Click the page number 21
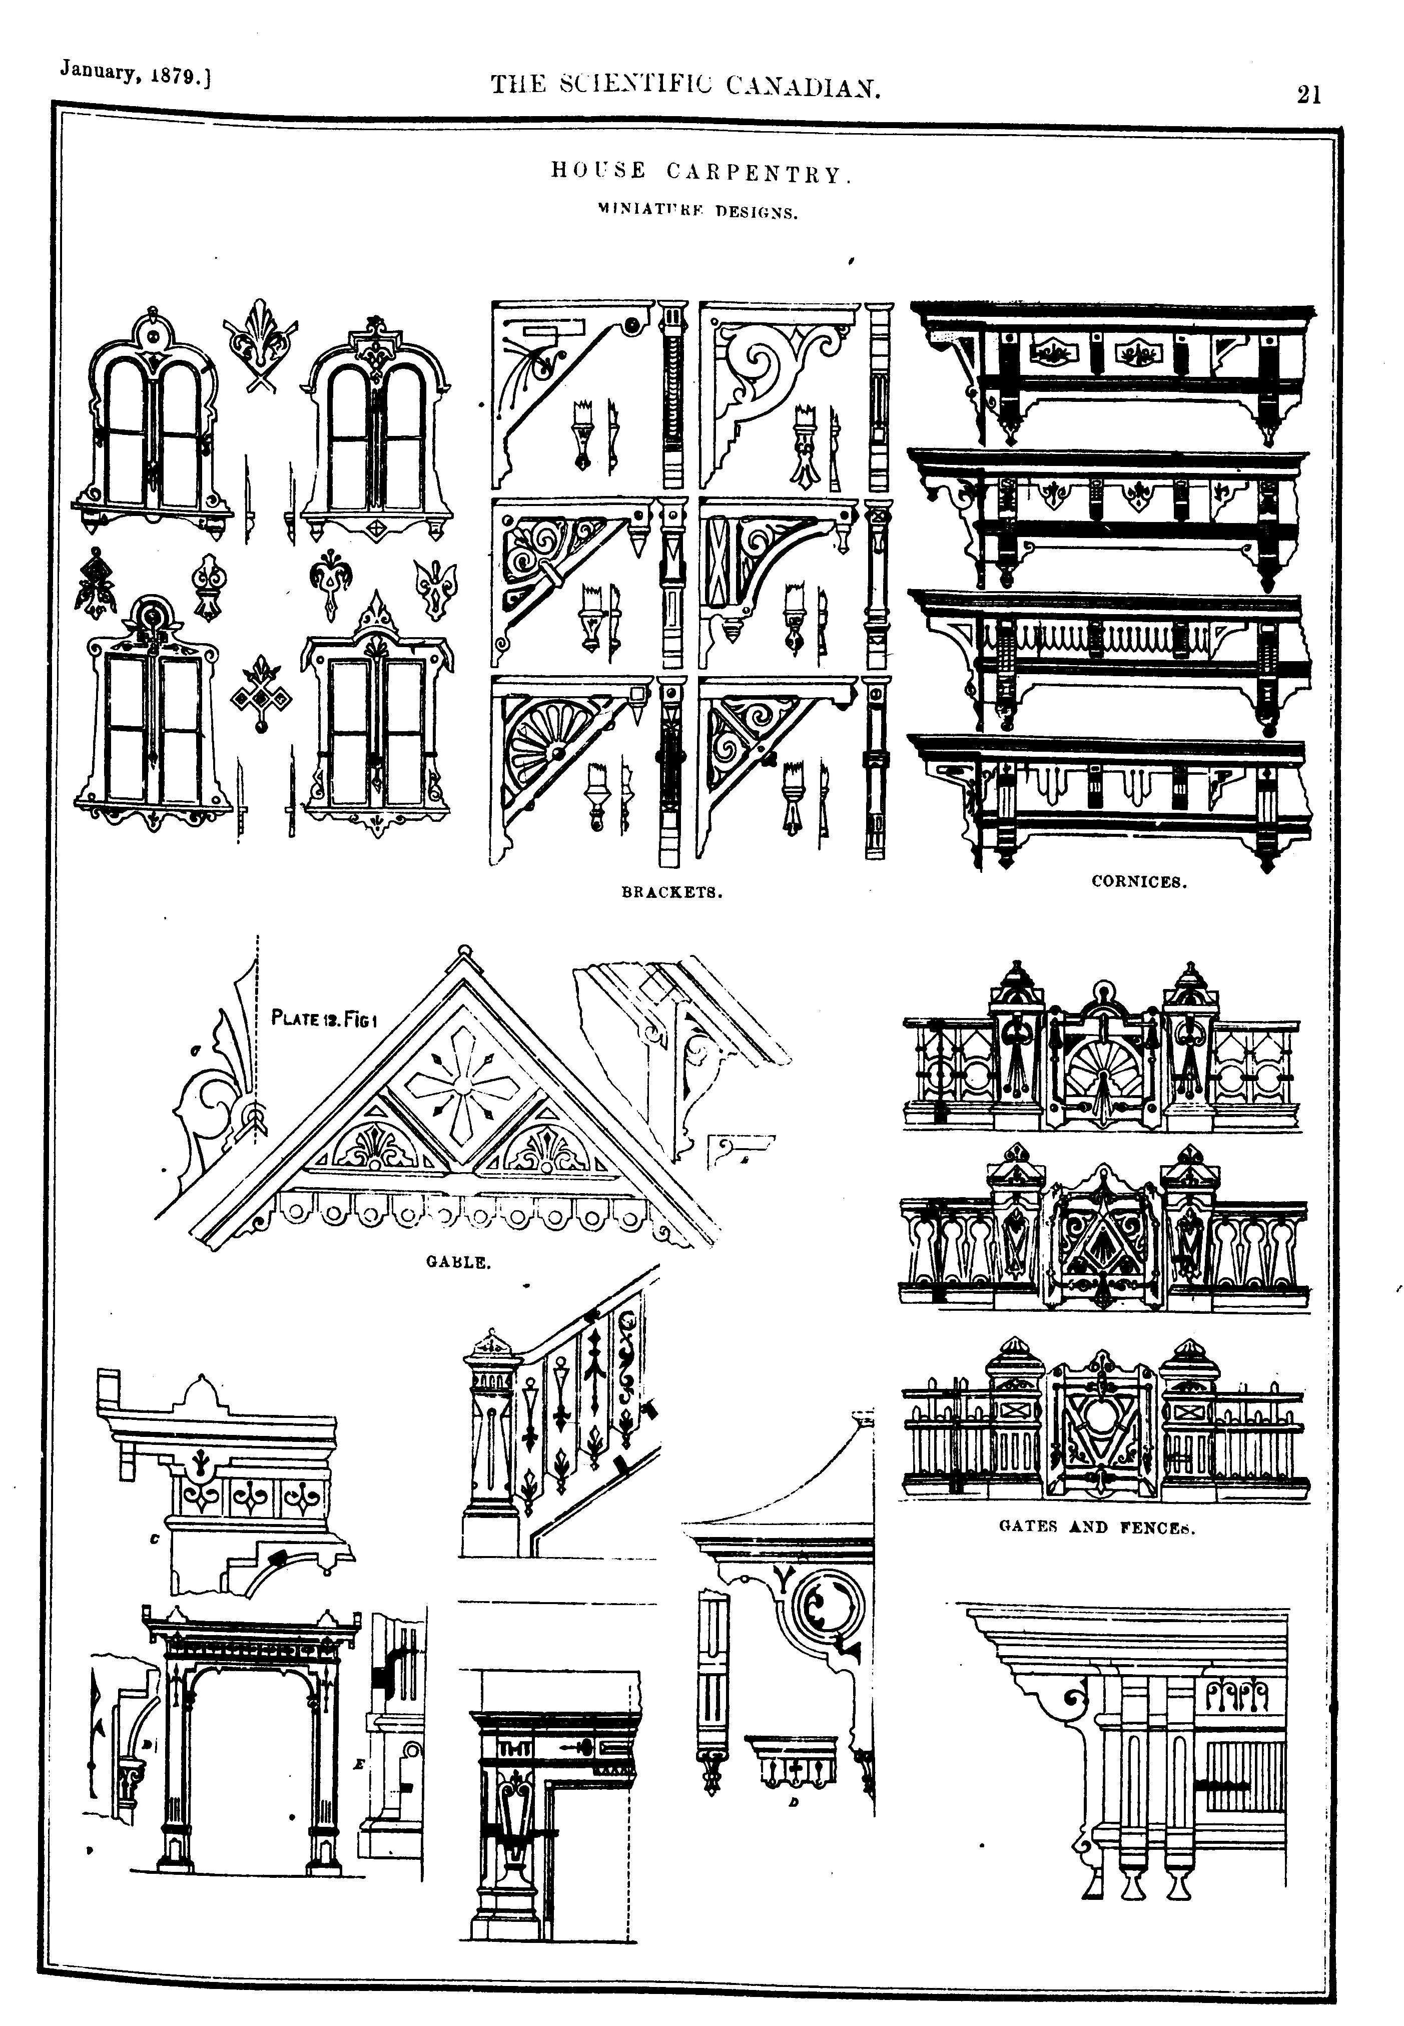coord(1308,93)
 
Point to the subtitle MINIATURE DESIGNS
coord(696,211)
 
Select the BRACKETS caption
coord(672,892)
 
